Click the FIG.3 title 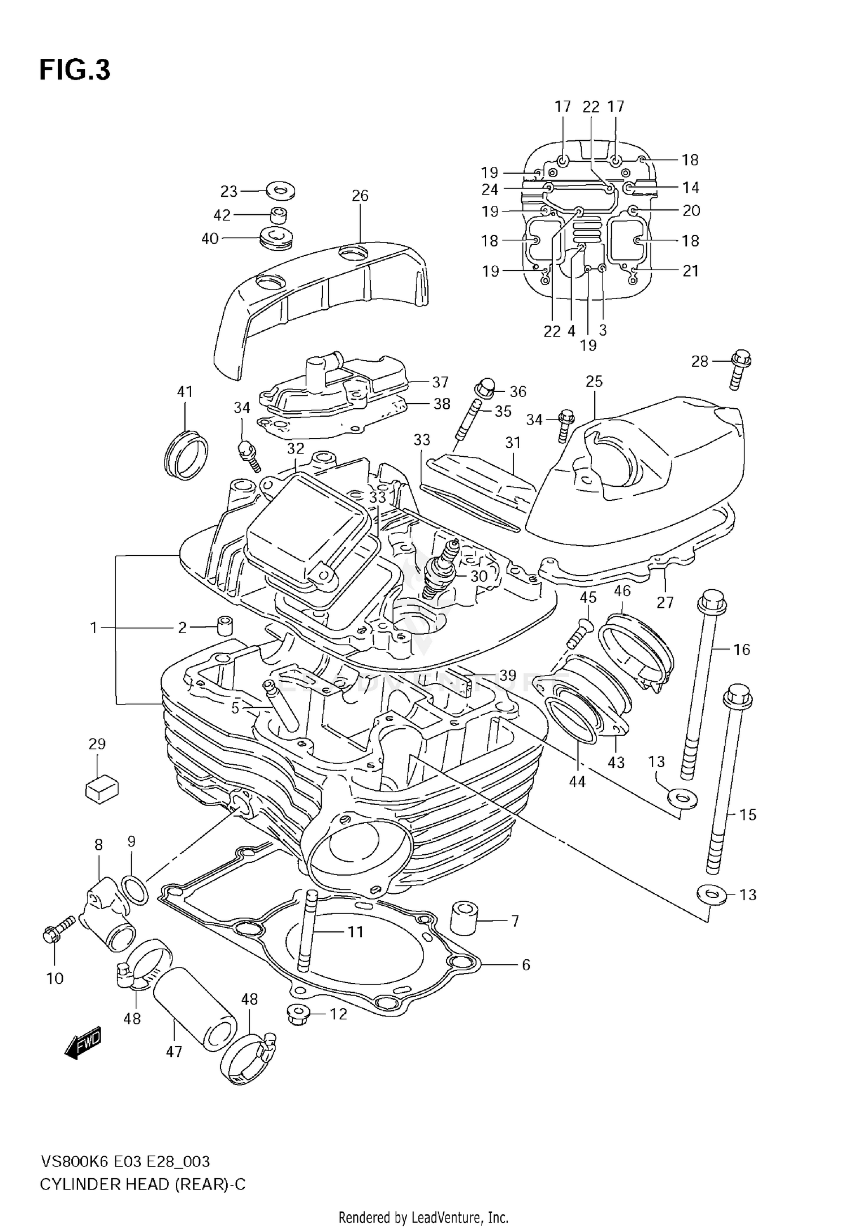[75, 70]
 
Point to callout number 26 [360, 196]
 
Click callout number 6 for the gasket [526, 964]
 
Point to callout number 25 [594, 381]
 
